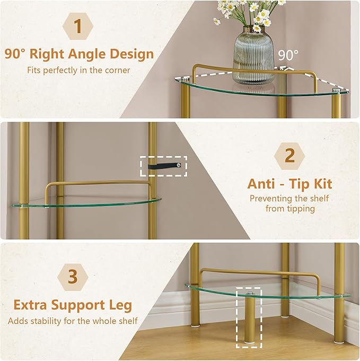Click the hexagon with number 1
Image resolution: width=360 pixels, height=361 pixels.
click(x=78, y=26)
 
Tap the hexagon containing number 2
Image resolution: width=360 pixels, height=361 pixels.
click(x=289, y=156)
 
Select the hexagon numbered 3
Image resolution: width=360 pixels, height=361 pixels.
click(x=73, y=277)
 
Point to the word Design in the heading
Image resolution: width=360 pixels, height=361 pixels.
click(x=131, y=54)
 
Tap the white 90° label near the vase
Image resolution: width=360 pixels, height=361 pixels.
click(x=288, y=55)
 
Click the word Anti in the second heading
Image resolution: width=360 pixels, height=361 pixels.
click(x=261, y=184)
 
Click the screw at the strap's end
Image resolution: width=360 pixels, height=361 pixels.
click(x=178, y=165)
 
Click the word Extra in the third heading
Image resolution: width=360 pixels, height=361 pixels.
click(x=30, y=305)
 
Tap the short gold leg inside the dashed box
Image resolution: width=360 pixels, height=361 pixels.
click(x=249, y=317)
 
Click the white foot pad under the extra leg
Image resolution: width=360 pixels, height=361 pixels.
click(x=249, y=343)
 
